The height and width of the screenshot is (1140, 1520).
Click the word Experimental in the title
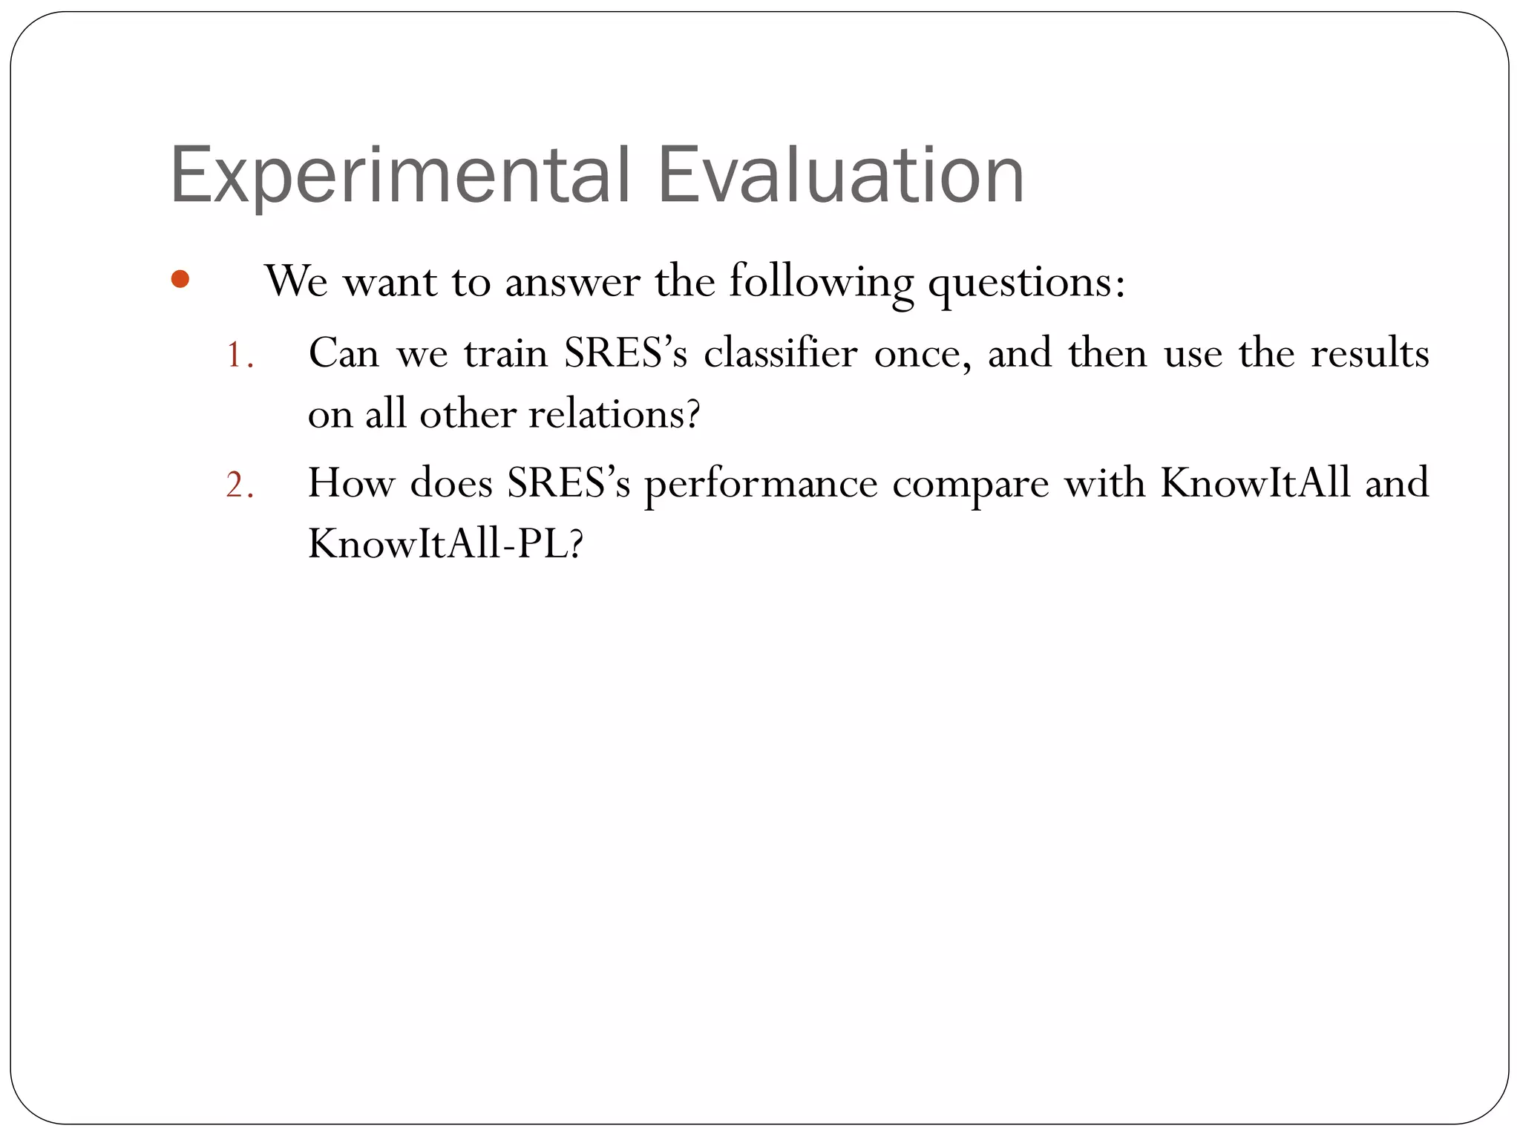pos(400,176)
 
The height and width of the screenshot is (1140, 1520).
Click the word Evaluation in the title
pos(841,176)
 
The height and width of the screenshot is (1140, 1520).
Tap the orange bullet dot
pos(180,280)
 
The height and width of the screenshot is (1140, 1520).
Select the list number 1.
pos(239,355)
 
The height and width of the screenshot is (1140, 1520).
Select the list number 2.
pos(239,485)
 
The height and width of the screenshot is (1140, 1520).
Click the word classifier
pos(781,353)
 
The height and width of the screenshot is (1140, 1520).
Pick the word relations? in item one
pos(614,414)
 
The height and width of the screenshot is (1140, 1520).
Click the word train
pos(506,353)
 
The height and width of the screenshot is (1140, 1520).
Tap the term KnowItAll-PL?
pos(446,544)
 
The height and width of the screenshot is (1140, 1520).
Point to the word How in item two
pos(351,482)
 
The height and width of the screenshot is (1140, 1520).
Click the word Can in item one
pos(343,353)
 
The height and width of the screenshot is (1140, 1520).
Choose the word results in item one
pos(1369,353)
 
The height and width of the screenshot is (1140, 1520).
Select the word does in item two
pos(451,482)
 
